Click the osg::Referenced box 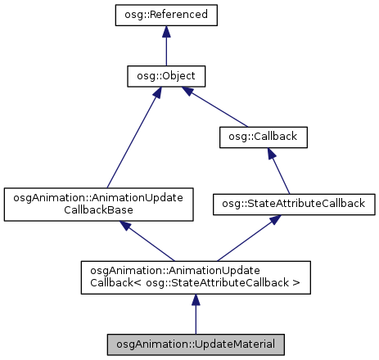click(x=165, y=15)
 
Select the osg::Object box click(x=165, y=76)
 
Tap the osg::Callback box click(x=263, y=138)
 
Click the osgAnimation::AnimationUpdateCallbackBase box click(x=98, y=205)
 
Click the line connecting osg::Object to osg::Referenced click(x=165, y=49)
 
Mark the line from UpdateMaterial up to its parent click(x=195, y=315)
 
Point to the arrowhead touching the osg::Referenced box click(x=165, y=32)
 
